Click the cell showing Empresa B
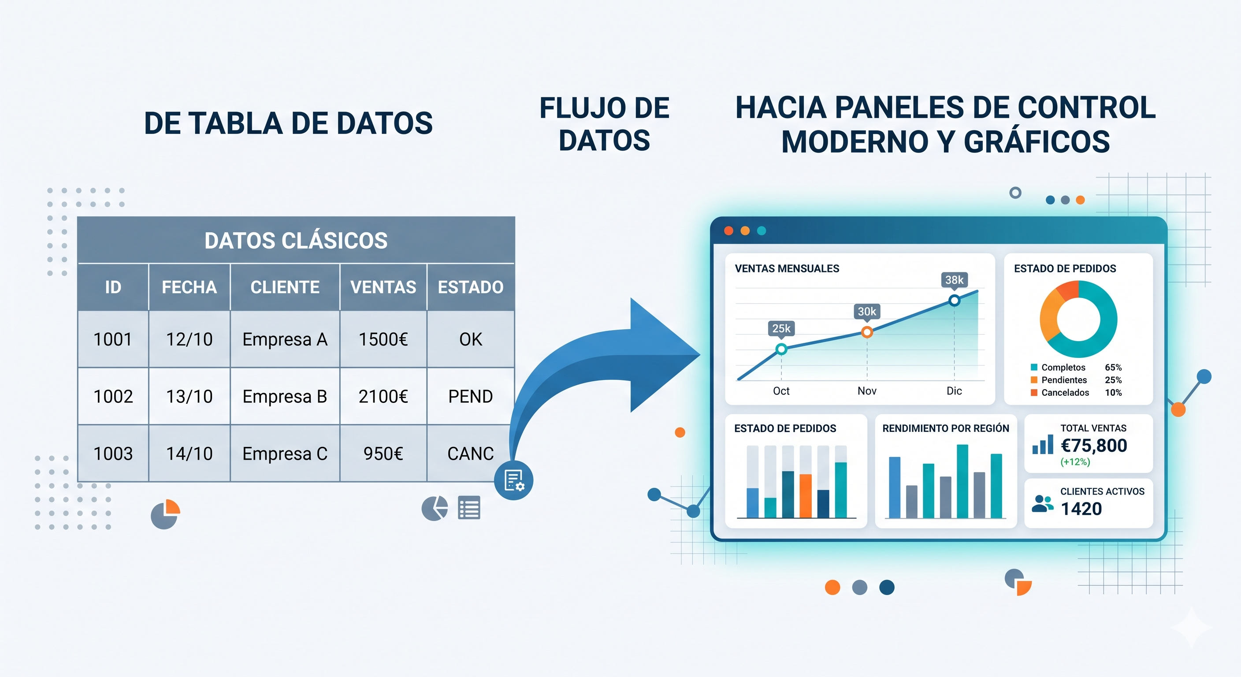tap(285, 396)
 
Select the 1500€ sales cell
tap(383, 339)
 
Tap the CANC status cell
tap(470, 454)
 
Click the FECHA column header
tap(189, 287)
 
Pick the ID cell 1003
tap(113, 454)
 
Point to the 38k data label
tap(954, 280)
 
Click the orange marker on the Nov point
tap(867, 332)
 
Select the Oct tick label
tap(781, 391)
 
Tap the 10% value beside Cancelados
tap(1113, 393)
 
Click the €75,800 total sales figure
tap(1093, 446)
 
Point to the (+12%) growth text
tap(1075, 461)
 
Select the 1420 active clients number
tap(1081, 509)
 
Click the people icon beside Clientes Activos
tap(1043, 503)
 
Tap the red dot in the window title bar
tap(728, 231)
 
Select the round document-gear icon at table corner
tap(513, 480)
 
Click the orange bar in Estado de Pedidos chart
tap(806, 496)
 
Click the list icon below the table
tap(469, 508)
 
